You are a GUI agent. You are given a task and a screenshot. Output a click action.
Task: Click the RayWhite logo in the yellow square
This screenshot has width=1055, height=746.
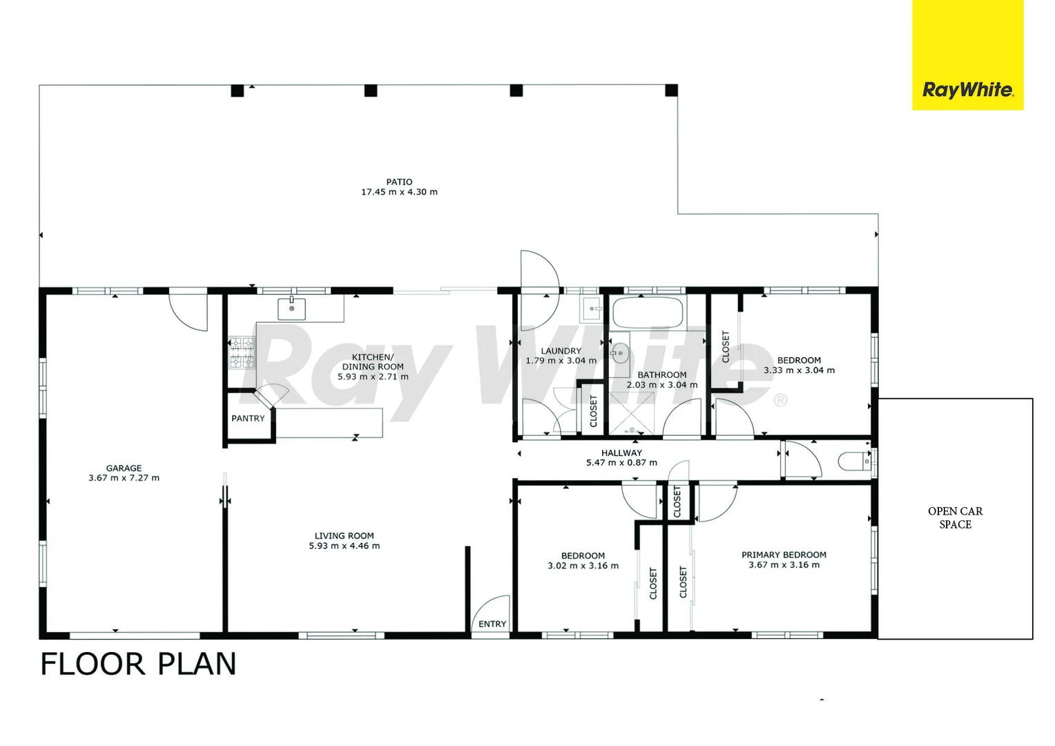click(967, 90)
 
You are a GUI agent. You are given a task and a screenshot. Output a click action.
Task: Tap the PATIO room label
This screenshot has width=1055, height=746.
click(399, 182)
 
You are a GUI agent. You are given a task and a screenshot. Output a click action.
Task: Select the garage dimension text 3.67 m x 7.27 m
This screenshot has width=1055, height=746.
click(124, 478)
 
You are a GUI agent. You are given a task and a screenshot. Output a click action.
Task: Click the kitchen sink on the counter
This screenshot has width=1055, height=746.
click(291, 309)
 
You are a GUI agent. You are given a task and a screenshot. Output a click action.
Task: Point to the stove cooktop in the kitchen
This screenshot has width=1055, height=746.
click(242, 352)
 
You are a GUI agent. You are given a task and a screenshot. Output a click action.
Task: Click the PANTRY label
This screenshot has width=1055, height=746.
click(248, 419)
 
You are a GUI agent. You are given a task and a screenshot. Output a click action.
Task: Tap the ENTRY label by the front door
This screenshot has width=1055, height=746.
click(492, 624)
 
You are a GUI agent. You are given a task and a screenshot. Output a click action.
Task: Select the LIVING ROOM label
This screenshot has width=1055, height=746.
click(344, 535)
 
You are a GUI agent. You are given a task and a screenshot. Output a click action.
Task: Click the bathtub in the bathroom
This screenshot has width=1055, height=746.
click(648, 313)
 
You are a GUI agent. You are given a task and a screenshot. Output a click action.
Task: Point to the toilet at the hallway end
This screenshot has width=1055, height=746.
click(855, 461)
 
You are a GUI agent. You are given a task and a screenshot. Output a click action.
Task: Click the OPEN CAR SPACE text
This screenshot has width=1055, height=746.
click(955, 517)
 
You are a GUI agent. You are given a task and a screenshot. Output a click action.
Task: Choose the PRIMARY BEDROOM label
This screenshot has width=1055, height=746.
click(784, 555)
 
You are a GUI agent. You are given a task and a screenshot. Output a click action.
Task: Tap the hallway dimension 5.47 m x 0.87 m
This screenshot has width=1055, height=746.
click(621, 463)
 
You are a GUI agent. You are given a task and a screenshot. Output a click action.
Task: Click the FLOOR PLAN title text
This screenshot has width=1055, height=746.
click(138, 664)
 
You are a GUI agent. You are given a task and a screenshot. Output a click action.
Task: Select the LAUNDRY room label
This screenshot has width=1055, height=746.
click(561, 351)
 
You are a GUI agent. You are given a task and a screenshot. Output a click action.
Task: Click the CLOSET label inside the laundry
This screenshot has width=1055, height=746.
click(593, 411)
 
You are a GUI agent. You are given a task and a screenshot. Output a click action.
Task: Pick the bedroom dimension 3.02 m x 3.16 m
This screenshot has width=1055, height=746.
click(583, 566)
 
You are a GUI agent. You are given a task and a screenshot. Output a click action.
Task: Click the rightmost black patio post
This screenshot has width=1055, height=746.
click(671, 90)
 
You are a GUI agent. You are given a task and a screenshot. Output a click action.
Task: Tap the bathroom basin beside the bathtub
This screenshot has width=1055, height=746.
click(620, 354)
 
